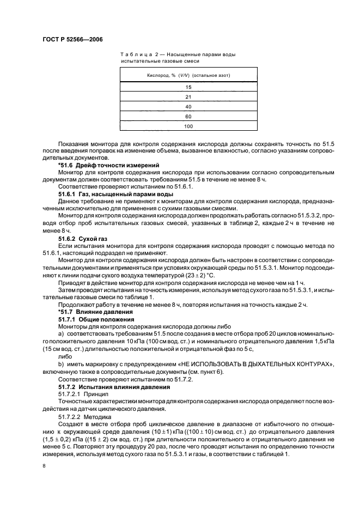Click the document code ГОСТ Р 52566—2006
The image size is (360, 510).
(x=72, y=40)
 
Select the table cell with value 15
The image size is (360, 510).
(x=188, y=87)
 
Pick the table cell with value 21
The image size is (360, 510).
(x=188, y=96)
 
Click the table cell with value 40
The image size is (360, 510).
(x=188, y=106)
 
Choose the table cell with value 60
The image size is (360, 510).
(x=188, y=116)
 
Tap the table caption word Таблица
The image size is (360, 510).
(x=133, y=54)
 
